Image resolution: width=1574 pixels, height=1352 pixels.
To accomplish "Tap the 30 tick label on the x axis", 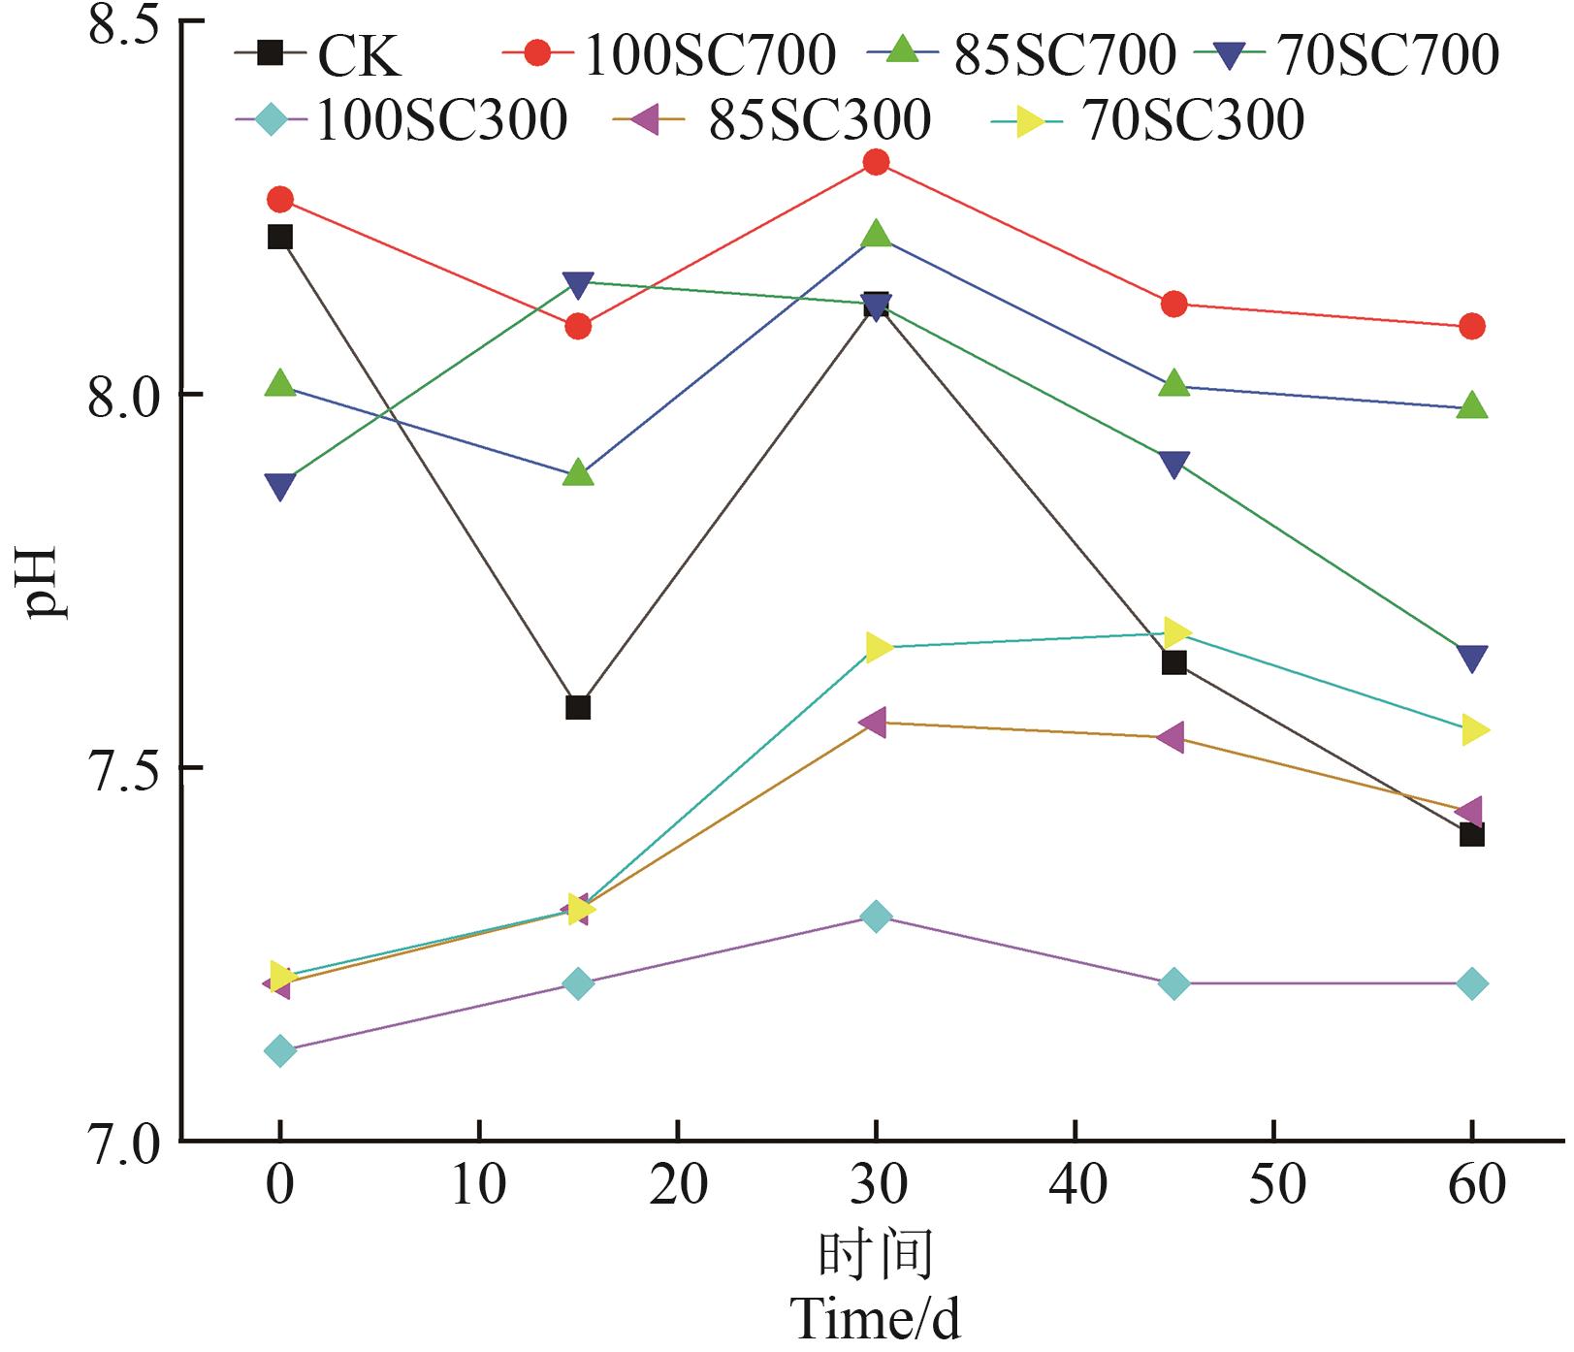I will pyautogui.click(x=876, y=1184).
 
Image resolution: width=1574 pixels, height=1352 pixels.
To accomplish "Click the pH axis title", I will pyautogui.click(x=44, y=582).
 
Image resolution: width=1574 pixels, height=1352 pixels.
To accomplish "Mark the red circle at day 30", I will pyautogui.click(x=876, y=162).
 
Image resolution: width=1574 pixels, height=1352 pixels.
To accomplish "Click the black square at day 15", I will pyautogui.click(x=578, y=707).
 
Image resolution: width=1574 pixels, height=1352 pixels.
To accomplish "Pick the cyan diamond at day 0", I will pyautogui.click(x=280, y=1050).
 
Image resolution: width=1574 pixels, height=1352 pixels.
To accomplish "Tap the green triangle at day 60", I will pyautogui.click(x=1471, y=405).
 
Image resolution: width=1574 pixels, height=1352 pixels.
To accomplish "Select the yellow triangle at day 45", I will pyautogui.click(x=1175, y=633).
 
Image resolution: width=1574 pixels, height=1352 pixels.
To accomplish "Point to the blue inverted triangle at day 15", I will pyautogui.click(x=578, y=284).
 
